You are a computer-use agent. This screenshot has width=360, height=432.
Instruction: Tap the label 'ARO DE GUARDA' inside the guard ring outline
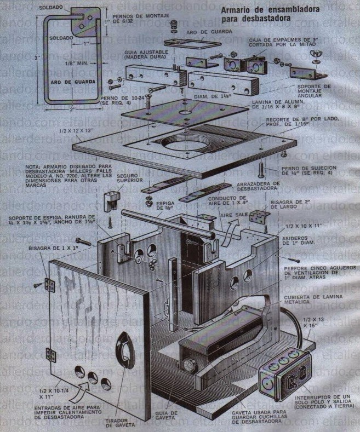click(x=67, y=83)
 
